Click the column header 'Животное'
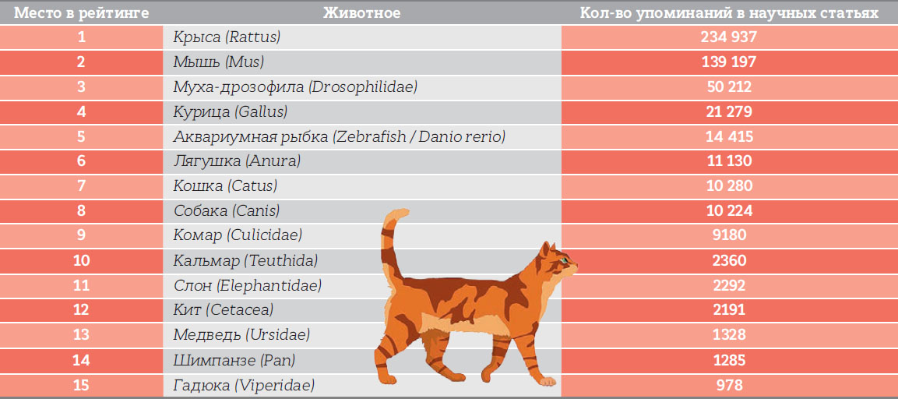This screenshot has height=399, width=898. tap(362, 12)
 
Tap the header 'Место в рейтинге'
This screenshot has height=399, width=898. tap(81, 12)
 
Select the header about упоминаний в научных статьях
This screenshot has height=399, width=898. tap(729, 12)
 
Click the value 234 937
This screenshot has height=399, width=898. tap(729, 37)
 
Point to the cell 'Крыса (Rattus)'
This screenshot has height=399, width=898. tap(227, 37)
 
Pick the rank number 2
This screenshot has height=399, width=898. tap(81, 62)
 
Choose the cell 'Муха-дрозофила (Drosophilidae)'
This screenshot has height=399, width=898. tap(295, 87)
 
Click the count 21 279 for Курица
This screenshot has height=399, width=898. tap(729, 111)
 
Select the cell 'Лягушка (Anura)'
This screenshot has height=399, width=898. tap(237, 161)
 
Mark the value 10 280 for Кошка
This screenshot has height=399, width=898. tap(729, 185)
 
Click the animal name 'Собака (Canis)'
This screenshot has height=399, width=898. tap(227, 210)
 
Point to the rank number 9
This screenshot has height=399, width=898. tap(81, 235)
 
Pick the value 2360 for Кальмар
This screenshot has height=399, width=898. tap(729, 260)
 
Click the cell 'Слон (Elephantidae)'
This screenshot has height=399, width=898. tap(248, 285)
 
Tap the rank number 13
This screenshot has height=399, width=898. tap(81, 334)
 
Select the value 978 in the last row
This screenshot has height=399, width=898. tap(729, 384)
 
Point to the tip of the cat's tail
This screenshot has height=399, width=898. tap(406, 213)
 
